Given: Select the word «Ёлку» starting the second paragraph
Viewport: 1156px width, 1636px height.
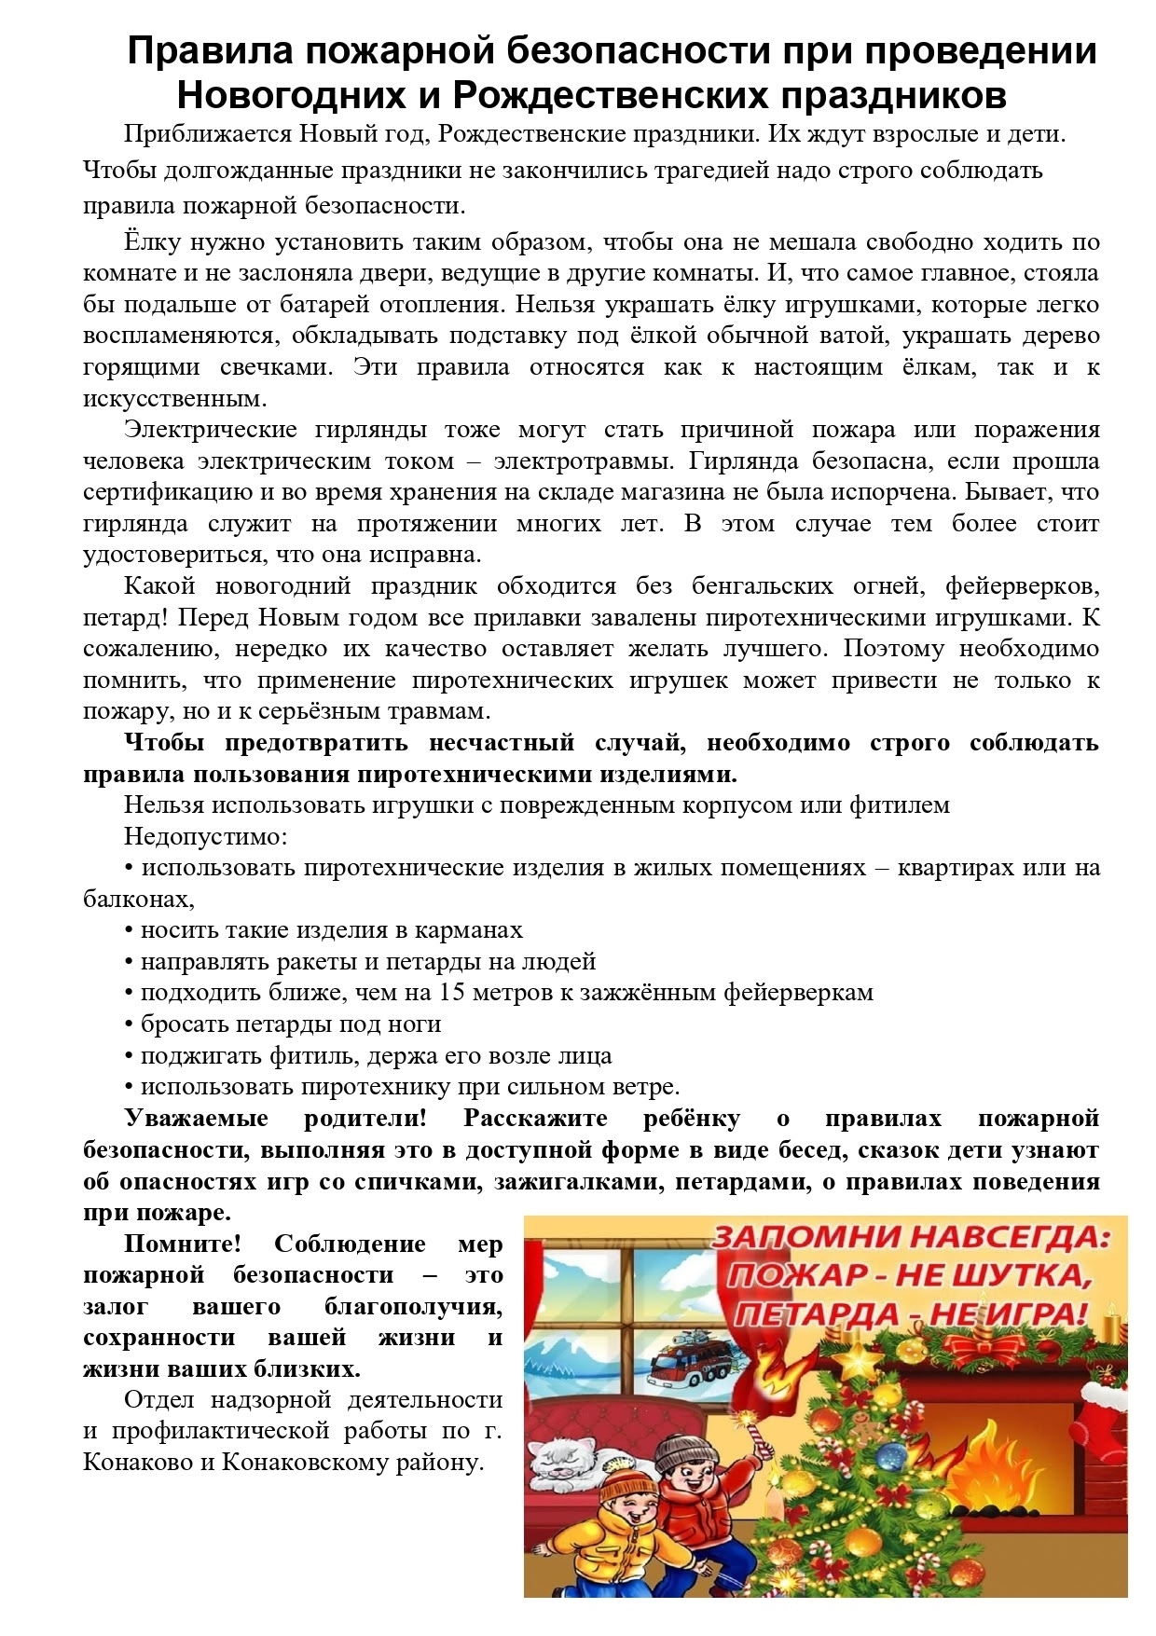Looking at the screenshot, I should (151, 242).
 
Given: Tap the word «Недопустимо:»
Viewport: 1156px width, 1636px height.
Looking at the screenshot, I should (205, 836).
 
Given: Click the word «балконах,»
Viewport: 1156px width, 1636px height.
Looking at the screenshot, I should (139, 900).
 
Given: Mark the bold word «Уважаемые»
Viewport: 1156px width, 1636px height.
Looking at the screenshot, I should (196, 1119).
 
